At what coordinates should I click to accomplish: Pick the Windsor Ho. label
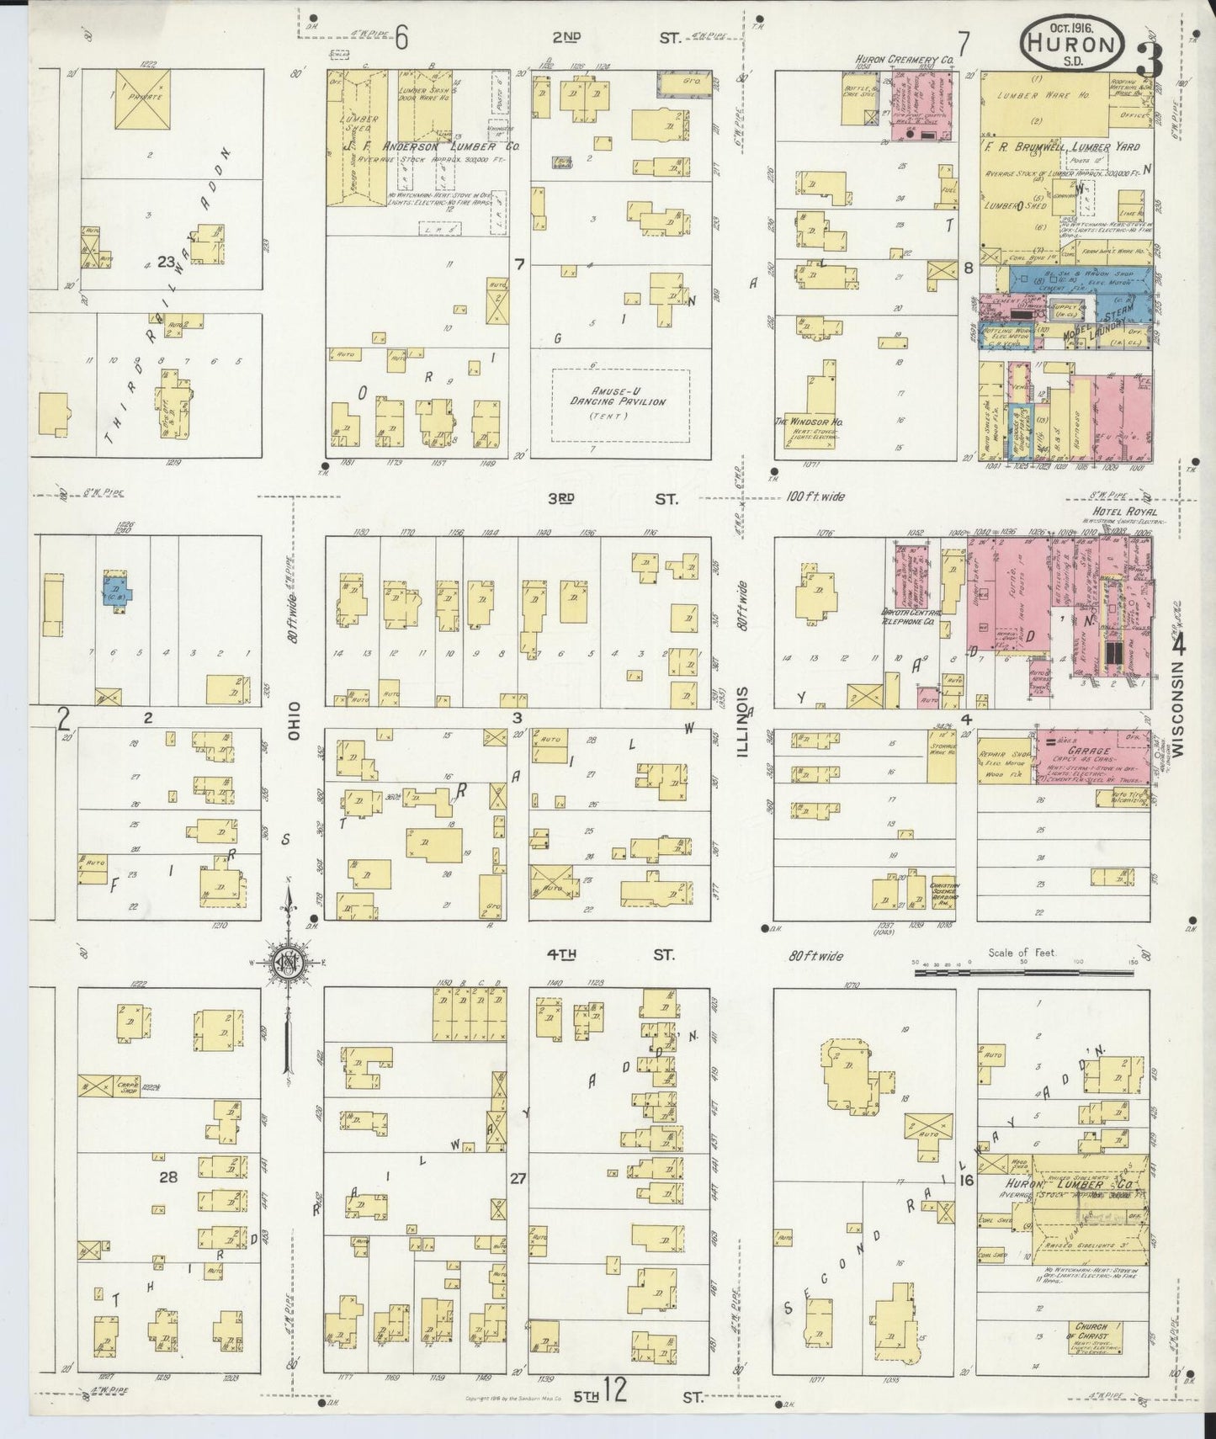[810, 422]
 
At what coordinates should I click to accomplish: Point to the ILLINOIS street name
[744, 721]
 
